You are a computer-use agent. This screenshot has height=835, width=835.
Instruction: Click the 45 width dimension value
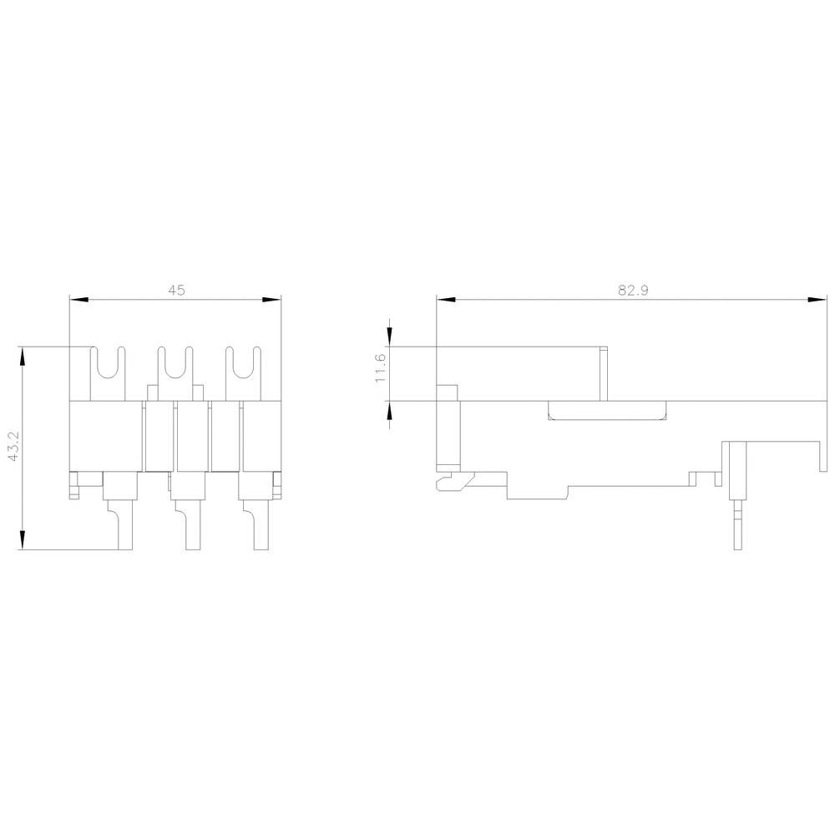tap(175, 291)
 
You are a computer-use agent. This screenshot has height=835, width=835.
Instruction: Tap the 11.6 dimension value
tap(381, 368)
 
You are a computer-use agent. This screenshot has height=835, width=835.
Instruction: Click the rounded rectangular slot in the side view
tap(607, 410)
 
